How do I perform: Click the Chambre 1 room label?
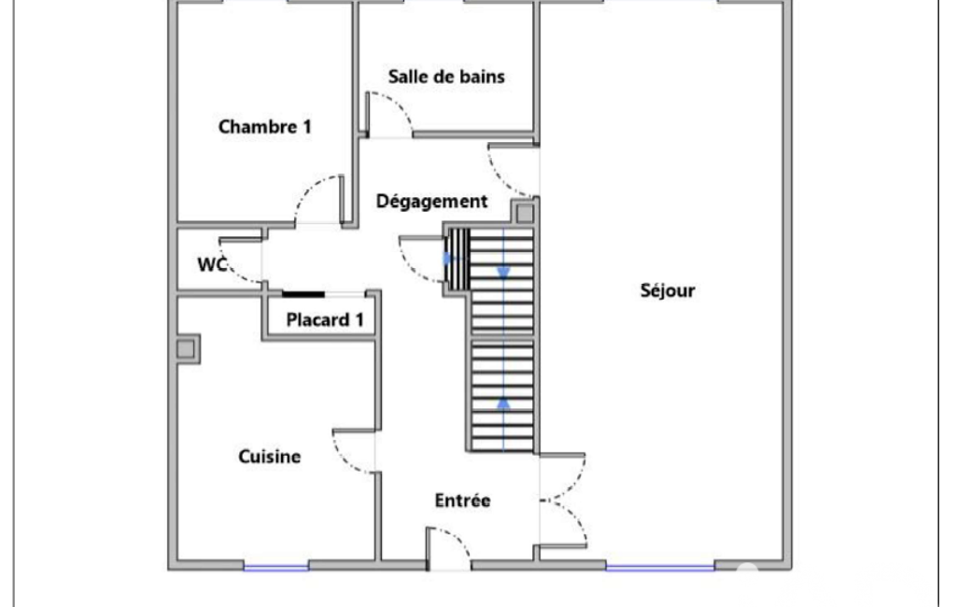click(265, 126)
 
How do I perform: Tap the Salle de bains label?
click(446, 77)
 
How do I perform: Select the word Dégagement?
click(431, 201)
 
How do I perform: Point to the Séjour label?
click(667, 290)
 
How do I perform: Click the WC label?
click(212, 264)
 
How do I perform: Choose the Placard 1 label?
click(325, 319)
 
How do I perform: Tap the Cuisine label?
click(269, 456)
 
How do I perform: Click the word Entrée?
click(462, 501)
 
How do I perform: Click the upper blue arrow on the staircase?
click(503, 273)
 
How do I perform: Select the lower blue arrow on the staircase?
click(503, 403)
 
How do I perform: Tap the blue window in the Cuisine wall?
click(275, 567)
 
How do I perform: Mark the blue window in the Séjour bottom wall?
click(660, 567)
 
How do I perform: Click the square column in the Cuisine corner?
click(186, 348)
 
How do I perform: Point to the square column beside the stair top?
click(525, 213)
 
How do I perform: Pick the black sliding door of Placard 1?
click(303, 294)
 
